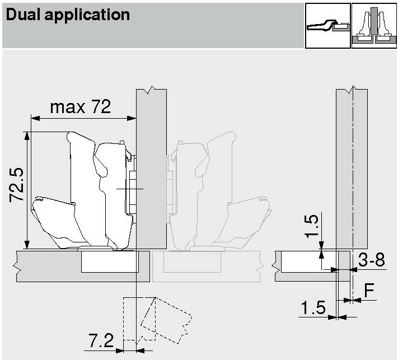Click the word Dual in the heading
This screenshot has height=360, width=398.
tap(23, 15)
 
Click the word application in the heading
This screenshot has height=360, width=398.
tap(87, 16)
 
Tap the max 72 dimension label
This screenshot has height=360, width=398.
tap(81, 106)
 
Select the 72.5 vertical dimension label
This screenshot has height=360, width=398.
tap(17, 185)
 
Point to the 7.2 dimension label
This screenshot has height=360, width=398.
tap(101, 340)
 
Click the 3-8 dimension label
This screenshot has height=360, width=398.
tap(371, 259)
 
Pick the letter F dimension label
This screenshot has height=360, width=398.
tap(369, 290)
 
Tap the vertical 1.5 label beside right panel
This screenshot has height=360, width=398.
tap(312, 226)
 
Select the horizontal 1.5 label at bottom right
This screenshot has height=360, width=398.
tap(313, 307)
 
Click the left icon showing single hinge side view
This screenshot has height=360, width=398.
tap(327, 26)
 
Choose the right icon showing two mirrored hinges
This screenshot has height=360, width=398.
tap(374, 26)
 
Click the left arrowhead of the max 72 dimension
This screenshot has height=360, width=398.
tap(35, 118)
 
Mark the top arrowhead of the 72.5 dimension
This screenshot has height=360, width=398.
tap(27, 136)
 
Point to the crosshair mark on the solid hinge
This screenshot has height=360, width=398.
tap(130, 189)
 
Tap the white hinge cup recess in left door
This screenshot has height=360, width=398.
tap(110, 261)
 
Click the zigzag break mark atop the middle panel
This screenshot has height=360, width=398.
tap(152, 90)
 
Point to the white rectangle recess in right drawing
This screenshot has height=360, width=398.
tap(308, 261)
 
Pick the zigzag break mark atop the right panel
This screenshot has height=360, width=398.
tap(353, 90)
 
